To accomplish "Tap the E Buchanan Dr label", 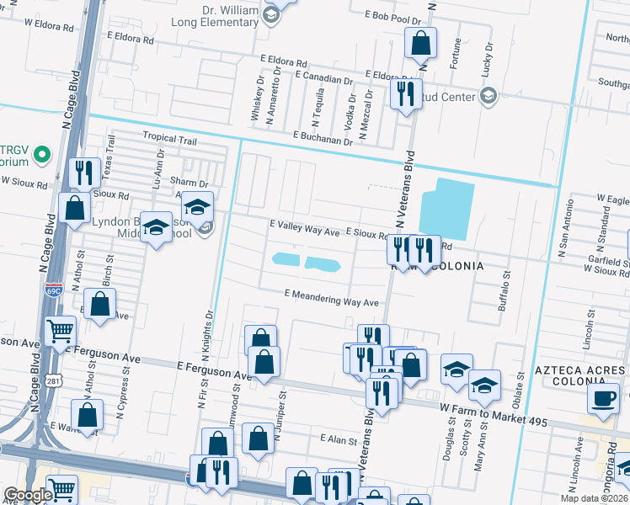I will (323, 136).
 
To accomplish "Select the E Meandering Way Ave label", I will (331, 296).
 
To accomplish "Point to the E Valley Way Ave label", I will (304, 227).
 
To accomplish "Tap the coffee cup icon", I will (603, 398).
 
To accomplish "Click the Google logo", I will (27, 495).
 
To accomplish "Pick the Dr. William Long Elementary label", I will (217, 16).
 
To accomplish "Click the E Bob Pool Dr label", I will (392, 16).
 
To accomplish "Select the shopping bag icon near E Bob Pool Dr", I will (419, 42).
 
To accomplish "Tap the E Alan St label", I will (338, 440).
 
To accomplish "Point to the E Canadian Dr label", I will (323, 79).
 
